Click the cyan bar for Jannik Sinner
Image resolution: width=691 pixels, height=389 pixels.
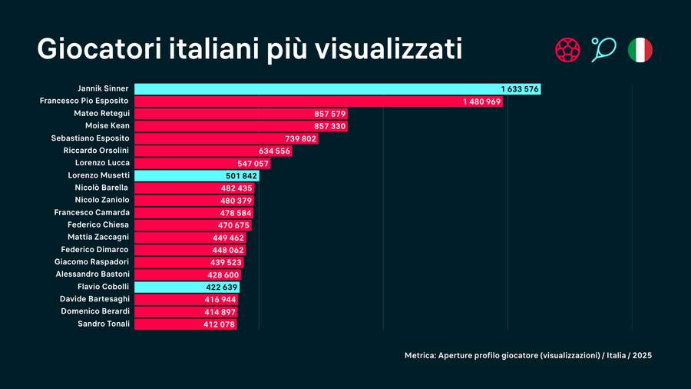point(338,89)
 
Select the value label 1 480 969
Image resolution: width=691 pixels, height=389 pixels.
point(481,101)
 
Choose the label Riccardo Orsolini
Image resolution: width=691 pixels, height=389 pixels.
point(96,151)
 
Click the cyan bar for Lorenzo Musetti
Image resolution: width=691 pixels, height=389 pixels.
point(197,175)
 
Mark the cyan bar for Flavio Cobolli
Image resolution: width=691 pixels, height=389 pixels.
point(187,287)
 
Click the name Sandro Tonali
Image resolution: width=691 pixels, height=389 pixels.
point(104,324)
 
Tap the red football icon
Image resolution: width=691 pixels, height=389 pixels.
point(567,50)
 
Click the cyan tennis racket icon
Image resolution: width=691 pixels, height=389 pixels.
point(603,50)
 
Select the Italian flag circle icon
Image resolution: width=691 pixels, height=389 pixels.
point(640,50)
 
